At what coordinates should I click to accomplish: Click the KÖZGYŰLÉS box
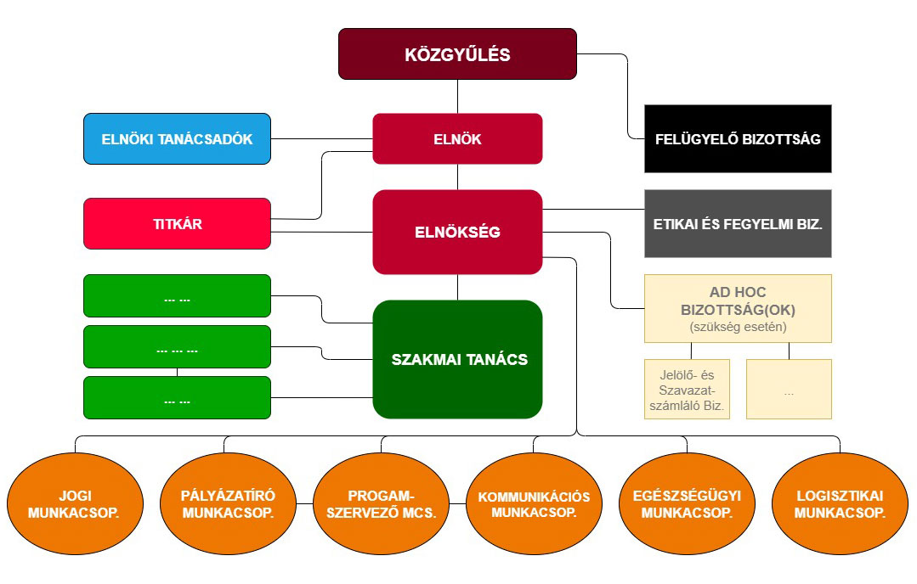point(457,54)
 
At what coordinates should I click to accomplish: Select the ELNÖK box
point(457,138)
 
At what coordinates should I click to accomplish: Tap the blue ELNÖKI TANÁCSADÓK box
point(177,138)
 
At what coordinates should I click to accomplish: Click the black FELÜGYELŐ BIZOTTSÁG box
point(738,138)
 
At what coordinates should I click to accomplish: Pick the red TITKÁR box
point(177,224)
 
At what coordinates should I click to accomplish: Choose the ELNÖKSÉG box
point(457,232)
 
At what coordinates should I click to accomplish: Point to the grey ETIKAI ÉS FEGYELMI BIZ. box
point(738,224)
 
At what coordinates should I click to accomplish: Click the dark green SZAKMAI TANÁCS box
point(457,359)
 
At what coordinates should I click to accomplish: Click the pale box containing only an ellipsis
point(789,389)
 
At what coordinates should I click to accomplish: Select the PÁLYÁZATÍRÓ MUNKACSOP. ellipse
point(228,504)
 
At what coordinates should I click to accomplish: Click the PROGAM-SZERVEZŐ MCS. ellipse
point(381,504)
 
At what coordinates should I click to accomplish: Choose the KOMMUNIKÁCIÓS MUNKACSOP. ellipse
point(534,504)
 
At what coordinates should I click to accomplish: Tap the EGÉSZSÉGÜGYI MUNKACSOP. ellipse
point(687,504)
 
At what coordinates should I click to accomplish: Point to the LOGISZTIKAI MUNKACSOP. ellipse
point(841,504)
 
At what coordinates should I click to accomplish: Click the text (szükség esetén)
point(738,327)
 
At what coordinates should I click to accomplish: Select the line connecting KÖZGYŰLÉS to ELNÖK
point(457,97)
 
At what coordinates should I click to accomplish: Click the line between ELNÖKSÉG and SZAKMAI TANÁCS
point(457,287)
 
